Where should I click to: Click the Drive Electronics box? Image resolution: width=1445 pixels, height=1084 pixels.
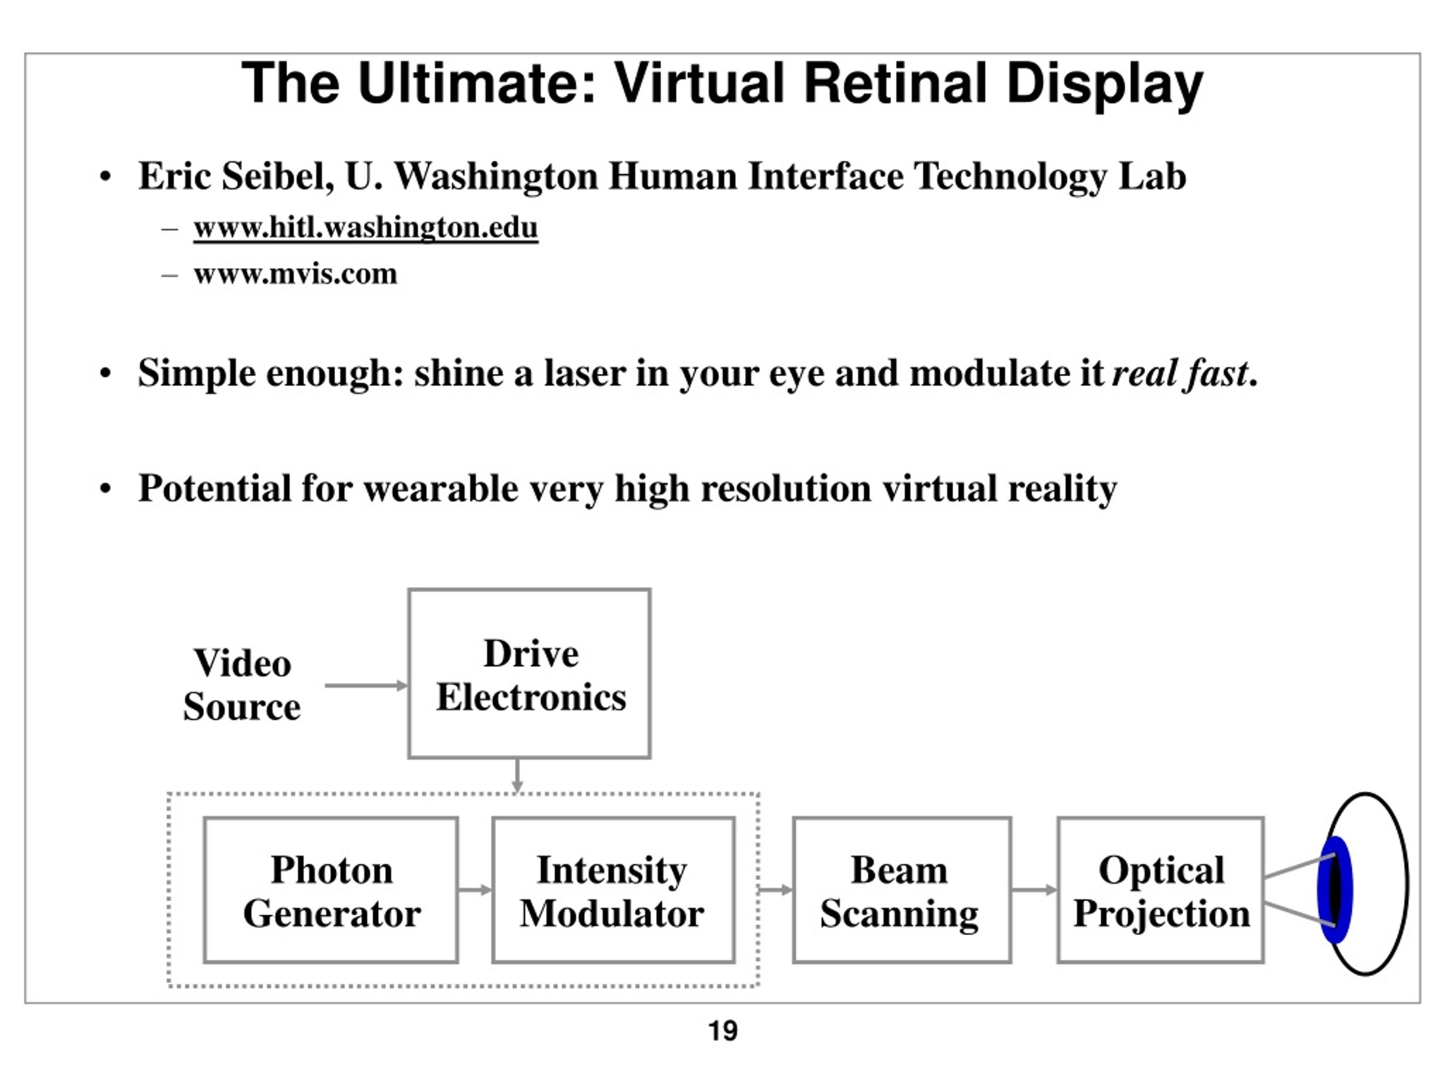pos(529,674)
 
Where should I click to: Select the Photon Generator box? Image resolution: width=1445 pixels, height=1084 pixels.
pos(331,890)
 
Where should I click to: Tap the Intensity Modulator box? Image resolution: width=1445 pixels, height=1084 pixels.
pos(614,890)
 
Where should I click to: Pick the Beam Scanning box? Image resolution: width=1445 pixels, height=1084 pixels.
pos(902,890)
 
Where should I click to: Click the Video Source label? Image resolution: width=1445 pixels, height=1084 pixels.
pos(242,685)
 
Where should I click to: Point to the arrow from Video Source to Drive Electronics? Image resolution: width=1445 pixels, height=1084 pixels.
pos(366,685)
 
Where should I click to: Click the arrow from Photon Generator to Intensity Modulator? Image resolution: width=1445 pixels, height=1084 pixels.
pos(475,890)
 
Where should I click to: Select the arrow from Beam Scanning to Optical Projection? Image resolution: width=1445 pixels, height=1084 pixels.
pos(1034,890)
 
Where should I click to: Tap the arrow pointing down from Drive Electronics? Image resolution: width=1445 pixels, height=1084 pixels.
pos(518,776)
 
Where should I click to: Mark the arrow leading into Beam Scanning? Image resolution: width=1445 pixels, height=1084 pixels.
pos(776,890)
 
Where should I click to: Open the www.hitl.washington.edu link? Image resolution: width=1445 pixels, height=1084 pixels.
pos(366,228)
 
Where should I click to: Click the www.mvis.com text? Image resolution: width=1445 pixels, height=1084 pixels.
pos(295,274)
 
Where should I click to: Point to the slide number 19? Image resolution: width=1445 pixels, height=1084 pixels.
pos(723,1030)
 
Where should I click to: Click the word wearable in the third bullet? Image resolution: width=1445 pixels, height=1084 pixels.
pos(441,488)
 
